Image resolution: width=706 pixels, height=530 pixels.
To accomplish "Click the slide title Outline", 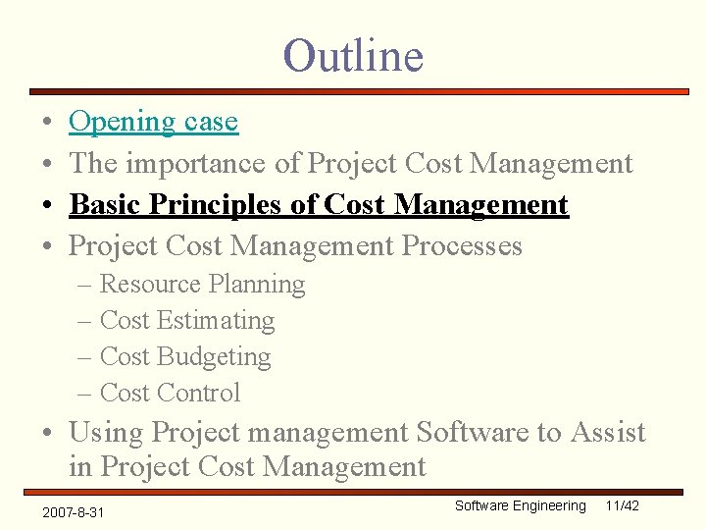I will (353, 55).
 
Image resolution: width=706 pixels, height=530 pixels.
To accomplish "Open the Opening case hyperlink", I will (153, 122).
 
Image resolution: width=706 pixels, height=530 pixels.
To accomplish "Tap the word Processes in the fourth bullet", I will (463, 245).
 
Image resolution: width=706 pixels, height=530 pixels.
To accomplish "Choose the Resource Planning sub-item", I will (202, 285).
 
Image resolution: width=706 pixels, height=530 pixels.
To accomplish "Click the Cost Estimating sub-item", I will (187, 321).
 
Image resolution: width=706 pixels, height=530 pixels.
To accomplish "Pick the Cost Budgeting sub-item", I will (185, 357).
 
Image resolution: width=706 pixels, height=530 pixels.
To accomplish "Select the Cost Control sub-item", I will (170, 394).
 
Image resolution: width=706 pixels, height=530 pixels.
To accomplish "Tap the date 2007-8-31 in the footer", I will (74, 512).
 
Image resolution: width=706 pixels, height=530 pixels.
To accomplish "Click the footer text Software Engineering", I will (520, 505).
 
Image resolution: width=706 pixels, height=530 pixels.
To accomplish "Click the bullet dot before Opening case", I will (47, 123).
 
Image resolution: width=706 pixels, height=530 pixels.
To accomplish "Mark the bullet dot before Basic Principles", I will (47, 206).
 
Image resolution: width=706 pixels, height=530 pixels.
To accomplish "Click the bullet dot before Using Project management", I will (47, 433).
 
